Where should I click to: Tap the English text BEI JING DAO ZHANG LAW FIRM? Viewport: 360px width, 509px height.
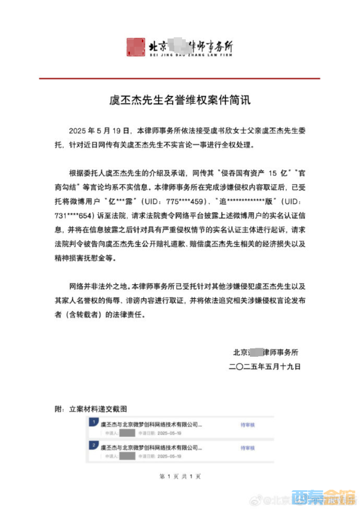point(190,54)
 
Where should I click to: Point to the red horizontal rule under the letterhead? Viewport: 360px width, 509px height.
point(179,79)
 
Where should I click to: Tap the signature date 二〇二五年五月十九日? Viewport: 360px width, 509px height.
point(265,367)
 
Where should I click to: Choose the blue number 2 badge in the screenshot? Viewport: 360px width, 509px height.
point(92,445)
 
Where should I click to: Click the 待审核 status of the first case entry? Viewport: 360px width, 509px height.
point(247,425)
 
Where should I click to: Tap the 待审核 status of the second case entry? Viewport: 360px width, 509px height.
point(247,448)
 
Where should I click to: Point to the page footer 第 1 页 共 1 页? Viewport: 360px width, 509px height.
point(179,476)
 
